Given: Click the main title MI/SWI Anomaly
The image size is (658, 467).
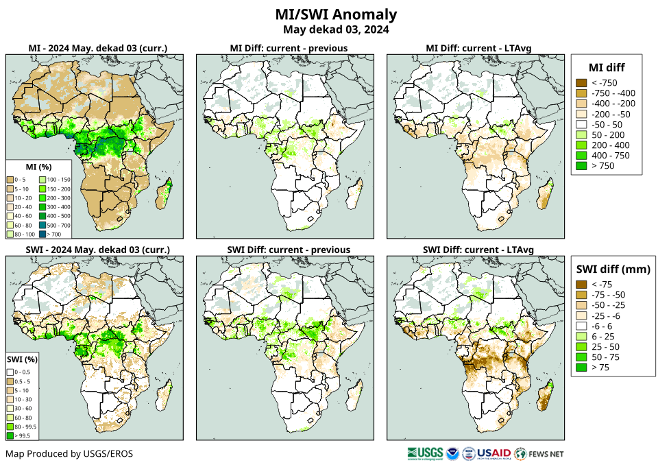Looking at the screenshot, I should click(x=336, y=14).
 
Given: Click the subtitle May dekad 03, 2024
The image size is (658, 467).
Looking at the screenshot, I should click(x=336, y=29).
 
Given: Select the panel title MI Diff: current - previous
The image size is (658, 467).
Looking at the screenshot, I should click(x=288, y=48).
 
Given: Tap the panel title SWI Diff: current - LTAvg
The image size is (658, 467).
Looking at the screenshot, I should click(x=478, y=249).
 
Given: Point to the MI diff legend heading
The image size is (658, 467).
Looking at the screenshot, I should click(x=607, y=67).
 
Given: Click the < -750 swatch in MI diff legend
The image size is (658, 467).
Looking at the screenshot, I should click(x=581, y=83).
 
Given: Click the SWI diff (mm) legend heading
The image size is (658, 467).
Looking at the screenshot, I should click(x=612, y=269).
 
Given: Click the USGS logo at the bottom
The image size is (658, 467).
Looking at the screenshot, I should click(x=424, y=453).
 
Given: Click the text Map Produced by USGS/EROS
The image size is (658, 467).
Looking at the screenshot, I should click(x=69, y=454).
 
